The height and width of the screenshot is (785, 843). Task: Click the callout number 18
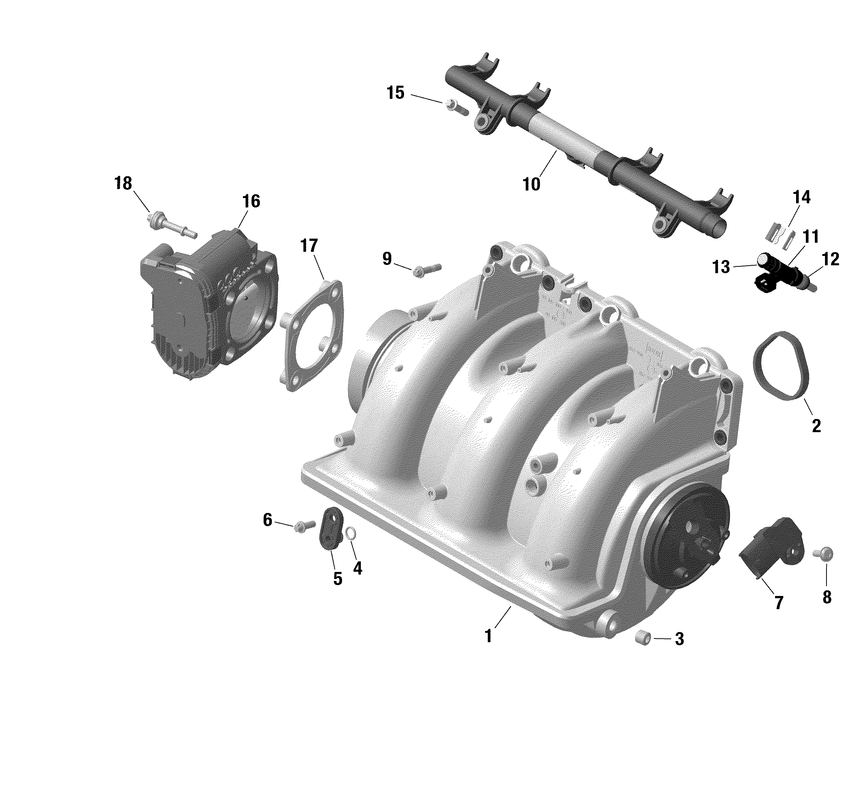pyautogui.click(x=123, y=183)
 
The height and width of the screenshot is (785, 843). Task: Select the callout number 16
pyautogui.click(x=251, y=201)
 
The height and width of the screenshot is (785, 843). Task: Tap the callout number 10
pyautogui.click(x=531, y=185)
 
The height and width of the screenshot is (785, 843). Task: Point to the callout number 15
pyautogui.click(x=396, y=93)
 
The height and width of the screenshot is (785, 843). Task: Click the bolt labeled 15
pyautogui.click(x=457, y=107)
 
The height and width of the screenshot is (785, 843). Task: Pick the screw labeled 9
pyautogui.click(x=427, y=270)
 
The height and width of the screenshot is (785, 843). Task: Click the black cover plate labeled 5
pyautogui.click(x=331, y=528)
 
